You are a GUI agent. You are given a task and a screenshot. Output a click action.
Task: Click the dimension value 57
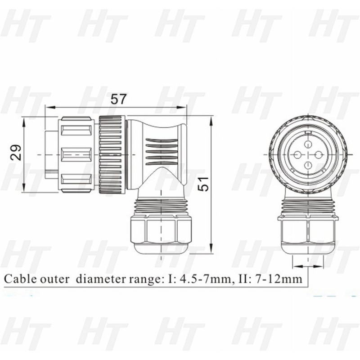[x=119, y=99]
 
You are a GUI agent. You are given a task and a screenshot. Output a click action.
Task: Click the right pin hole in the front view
[x=319, y=155]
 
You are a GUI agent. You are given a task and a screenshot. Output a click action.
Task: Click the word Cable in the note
[x=18, y=279]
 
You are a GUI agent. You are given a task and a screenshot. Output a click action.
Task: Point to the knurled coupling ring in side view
[x=112, y=155]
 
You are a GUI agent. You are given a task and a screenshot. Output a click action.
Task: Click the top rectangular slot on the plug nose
[x=76, y=131]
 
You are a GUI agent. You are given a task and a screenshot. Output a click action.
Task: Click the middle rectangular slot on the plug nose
[x=76, y=155]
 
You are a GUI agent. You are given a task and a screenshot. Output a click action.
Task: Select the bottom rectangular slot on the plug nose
[x=76, y=180]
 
